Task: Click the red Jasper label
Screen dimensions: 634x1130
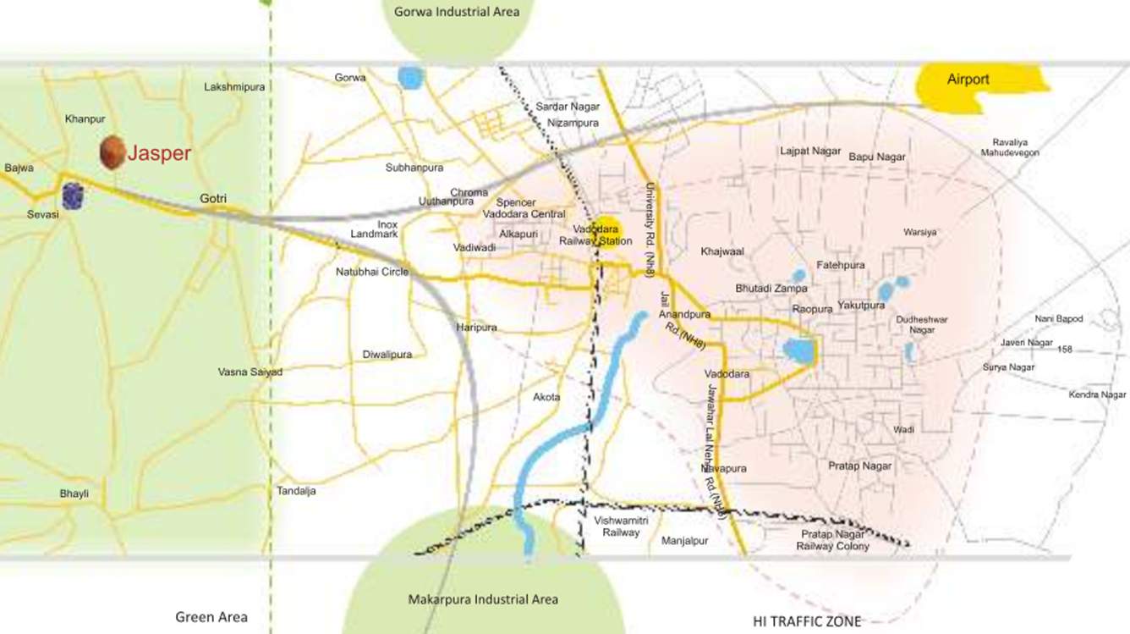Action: pyautogui.click(x=159, y=153)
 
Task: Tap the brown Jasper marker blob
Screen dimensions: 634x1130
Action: pyautogui.click(x=112, y=152)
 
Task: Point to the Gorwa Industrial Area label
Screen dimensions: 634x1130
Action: pyautogui.click(x=457, y=12)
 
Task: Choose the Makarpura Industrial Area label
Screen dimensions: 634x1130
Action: pyautogui.click(x=483, y=599)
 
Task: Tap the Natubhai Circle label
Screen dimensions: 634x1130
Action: pyautogui.click(x=372, y=272)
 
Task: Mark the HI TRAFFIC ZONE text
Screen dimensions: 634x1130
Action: pyautogui.click(x=807, y=621)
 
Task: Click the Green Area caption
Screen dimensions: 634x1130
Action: pyautogui.click(x=211, y=617)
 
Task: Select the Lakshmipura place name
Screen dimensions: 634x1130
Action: pyautogui.click(x=234, y=86)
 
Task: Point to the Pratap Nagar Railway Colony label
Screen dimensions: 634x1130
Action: pyautogui.click(x=832, y=540)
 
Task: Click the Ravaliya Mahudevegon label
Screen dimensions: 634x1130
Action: pyautogui.click(x=1010, y=147)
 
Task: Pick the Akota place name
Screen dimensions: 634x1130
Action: pyautogui.click(x=546, y=396)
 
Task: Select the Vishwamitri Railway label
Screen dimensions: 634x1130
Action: pyautogui.click(x=621, y=526)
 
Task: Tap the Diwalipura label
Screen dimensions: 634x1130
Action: pyautogui.click(x=387, y=355)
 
